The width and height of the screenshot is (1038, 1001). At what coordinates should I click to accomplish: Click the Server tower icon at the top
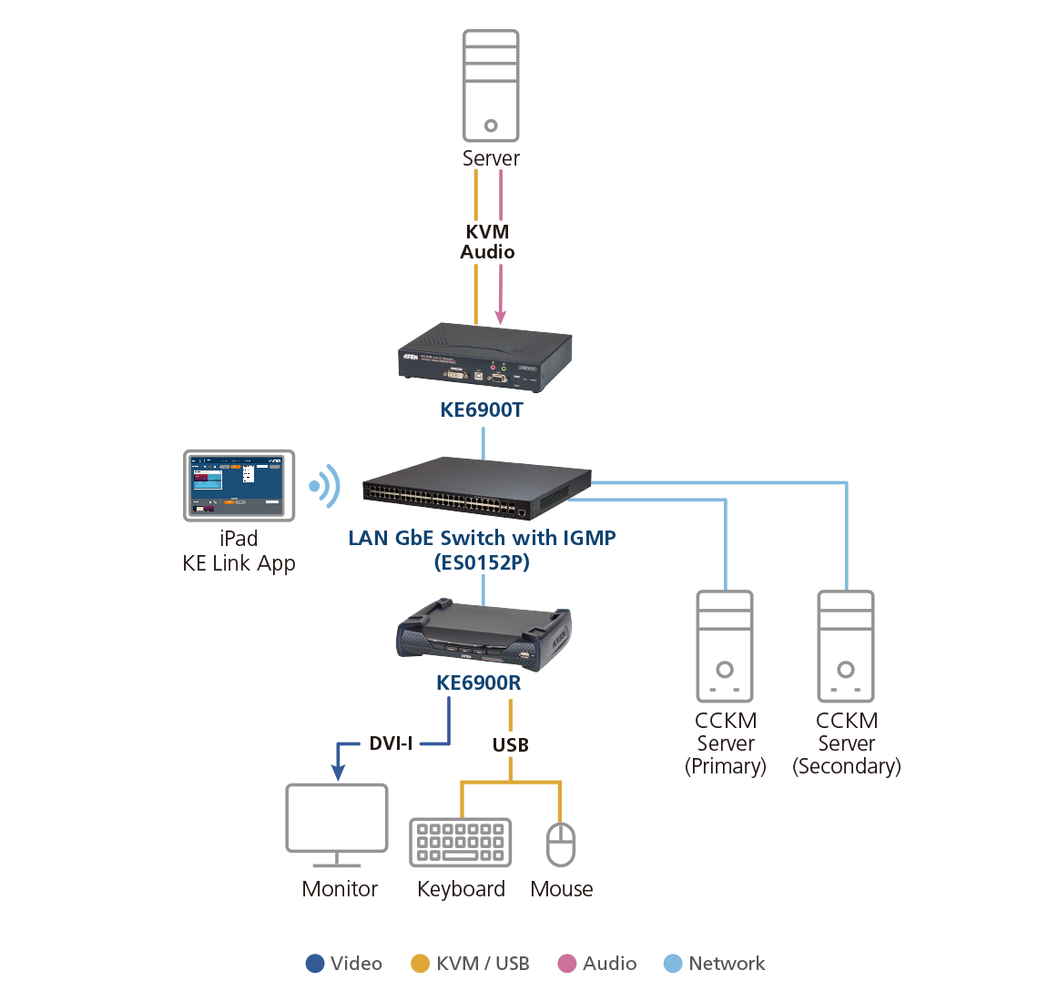(x=491, y=86)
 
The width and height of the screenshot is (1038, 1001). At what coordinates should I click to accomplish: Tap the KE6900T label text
(x=482, y=410)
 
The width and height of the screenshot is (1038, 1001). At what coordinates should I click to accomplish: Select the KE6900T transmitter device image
(x=485, y=359)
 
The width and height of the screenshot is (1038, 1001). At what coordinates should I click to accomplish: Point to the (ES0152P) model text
(x=482, y=562)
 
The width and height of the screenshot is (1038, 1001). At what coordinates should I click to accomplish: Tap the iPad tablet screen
(x=239, y=485)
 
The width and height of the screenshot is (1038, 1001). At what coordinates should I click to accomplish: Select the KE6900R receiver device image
(x=483, y=635)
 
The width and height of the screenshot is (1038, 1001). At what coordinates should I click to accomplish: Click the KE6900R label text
(x=478, y=682)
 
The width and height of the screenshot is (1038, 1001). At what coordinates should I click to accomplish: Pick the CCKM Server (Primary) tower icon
(x=725, y=647)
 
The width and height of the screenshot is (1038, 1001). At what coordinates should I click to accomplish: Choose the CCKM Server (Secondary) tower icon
(x=846, y=647)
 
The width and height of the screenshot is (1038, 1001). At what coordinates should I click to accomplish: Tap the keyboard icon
(x=461, y=842)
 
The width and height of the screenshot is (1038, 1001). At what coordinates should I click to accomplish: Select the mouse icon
(x=561, y=844)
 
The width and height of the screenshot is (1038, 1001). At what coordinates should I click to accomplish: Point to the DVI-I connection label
(x=391, y=743)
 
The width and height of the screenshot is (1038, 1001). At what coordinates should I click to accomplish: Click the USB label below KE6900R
(x=510, y=745)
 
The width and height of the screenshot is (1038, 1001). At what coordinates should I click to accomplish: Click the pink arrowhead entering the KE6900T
(x=501, y=317)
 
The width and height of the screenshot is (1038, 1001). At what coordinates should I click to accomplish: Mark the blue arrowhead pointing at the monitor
(x=338, y=773)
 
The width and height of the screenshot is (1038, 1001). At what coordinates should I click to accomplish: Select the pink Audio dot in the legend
(x=567, y=964)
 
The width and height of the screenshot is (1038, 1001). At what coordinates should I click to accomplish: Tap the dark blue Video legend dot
(x=315, y=964)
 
